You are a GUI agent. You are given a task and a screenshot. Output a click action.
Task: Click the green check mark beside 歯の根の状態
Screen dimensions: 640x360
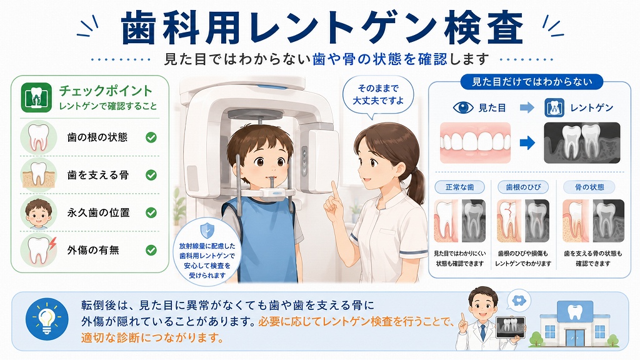click(x=151, y=137)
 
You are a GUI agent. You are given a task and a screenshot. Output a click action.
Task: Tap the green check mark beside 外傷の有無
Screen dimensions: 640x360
click(x=151, y=250)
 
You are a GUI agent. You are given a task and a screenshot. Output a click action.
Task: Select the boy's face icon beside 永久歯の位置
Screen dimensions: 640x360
click(x=38, y=212)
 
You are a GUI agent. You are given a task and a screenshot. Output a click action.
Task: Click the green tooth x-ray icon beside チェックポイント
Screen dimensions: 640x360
click(x=36, y=97)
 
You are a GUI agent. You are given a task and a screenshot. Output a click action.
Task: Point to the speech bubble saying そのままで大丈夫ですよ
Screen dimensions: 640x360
click(x=377, y=96)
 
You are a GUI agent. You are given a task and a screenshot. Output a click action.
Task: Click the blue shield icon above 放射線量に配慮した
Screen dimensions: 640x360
click(x=207, y=231)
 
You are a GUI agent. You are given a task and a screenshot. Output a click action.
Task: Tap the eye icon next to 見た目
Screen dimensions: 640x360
click(x=463, y=107)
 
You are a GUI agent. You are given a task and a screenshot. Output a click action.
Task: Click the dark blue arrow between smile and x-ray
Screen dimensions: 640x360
click(x=527, y=143)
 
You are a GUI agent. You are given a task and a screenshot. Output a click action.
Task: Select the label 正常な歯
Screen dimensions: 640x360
click(x=459, y=187)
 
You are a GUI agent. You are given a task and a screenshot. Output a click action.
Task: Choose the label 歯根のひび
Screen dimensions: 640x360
click(x=523, y=187)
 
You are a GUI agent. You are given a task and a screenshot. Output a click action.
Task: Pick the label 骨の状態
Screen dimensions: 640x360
click(x=589, y=187)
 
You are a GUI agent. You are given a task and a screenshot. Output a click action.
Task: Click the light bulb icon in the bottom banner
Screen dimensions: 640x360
click(x=46, y=319)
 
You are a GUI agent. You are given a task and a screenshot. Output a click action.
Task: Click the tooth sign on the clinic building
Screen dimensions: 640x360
click(x=574, y=311)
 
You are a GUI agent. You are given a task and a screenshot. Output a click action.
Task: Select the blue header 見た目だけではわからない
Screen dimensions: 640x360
click(x=532, y=82)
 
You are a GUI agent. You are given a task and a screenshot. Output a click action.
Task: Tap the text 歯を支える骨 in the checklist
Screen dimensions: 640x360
click(x=98, y=175)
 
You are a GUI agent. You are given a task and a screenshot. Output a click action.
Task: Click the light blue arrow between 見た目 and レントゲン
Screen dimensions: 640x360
click(x=527, y=107)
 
